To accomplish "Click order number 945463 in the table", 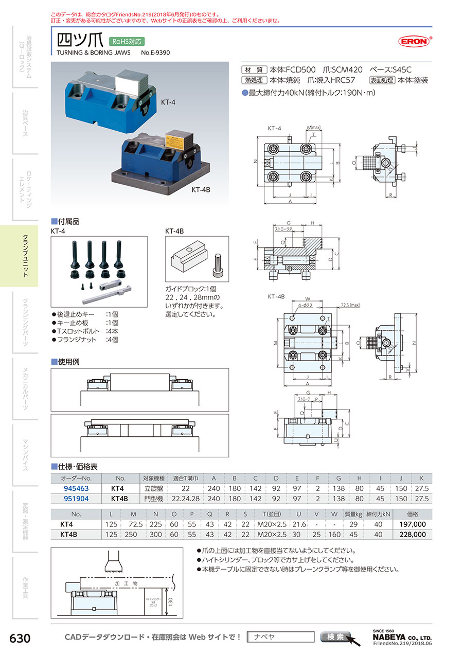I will [x=76, y=488].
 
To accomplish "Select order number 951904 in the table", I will [x=76, y=499].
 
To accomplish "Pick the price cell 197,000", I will [x=412, y=524].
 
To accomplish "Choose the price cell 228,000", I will [x=412, y=534].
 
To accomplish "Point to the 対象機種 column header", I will [x=153, y=478].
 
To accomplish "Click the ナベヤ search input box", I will [x=280, y=637].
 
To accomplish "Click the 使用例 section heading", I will [x=68, y=362].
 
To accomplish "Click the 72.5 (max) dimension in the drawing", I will [x=351, y=305].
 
